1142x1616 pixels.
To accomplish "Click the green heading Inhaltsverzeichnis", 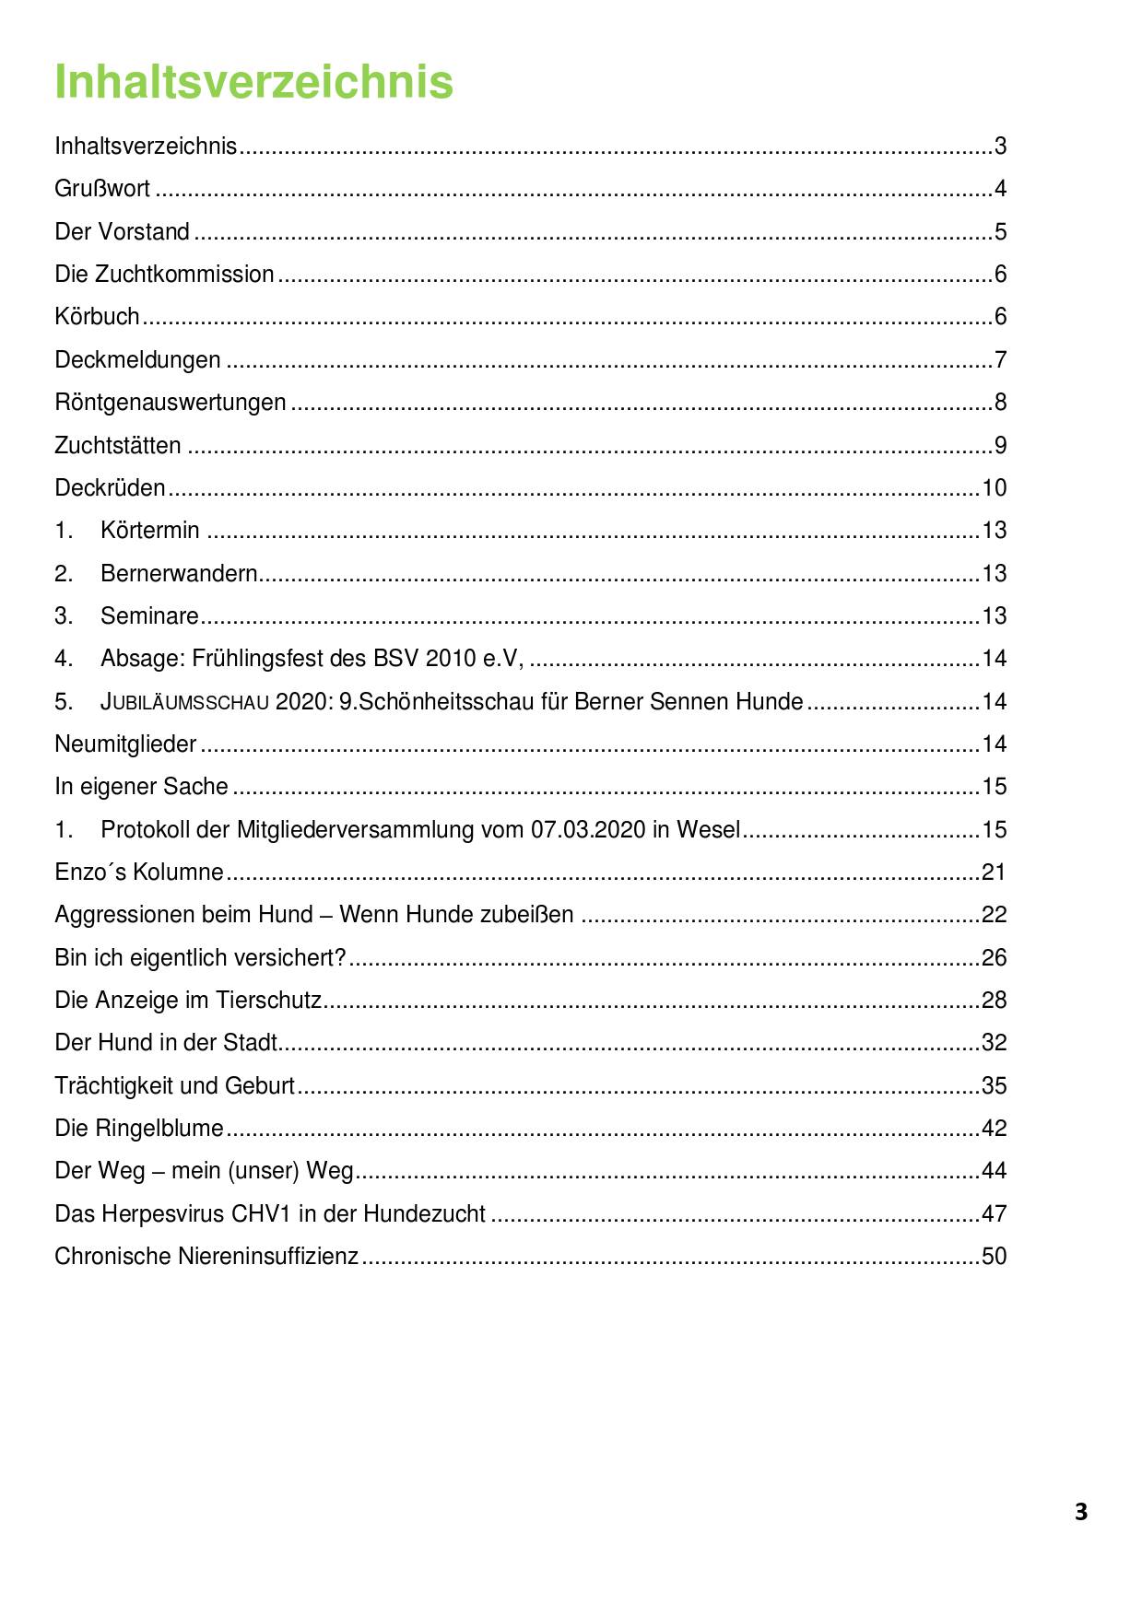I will pos(253,82).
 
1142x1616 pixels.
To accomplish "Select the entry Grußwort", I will pos(102,189).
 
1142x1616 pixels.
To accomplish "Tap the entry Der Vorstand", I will pos(122,231).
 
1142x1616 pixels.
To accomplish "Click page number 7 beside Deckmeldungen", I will pos(1000,359).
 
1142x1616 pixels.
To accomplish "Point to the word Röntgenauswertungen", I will pos(171,403).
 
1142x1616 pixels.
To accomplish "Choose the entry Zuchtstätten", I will pos(118,446).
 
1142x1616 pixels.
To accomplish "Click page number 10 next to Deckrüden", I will pos(994,487).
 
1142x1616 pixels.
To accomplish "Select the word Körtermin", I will pos(150,531).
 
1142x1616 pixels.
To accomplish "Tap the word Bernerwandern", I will pos(179,573).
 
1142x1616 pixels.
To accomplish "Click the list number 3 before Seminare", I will pos(63,615).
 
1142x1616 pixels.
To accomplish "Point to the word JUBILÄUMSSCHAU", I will pos(184,702).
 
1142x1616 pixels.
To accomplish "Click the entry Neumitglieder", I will pos(125,744).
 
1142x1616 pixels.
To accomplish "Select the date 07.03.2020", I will pos(588,829).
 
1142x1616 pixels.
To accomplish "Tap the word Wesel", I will pos(709,829).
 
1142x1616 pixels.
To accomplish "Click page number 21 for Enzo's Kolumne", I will pos(994,872).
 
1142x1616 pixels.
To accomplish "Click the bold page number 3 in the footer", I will pos(1081,1512).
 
